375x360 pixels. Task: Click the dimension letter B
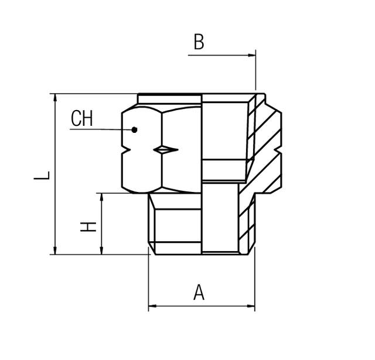click(199, 43)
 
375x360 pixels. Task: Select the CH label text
click(81, 119)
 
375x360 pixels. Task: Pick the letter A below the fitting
click(199, 292)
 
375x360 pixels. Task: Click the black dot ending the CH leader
click(134, 129)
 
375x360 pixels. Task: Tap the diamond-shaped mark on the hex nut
click(165, 150)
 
